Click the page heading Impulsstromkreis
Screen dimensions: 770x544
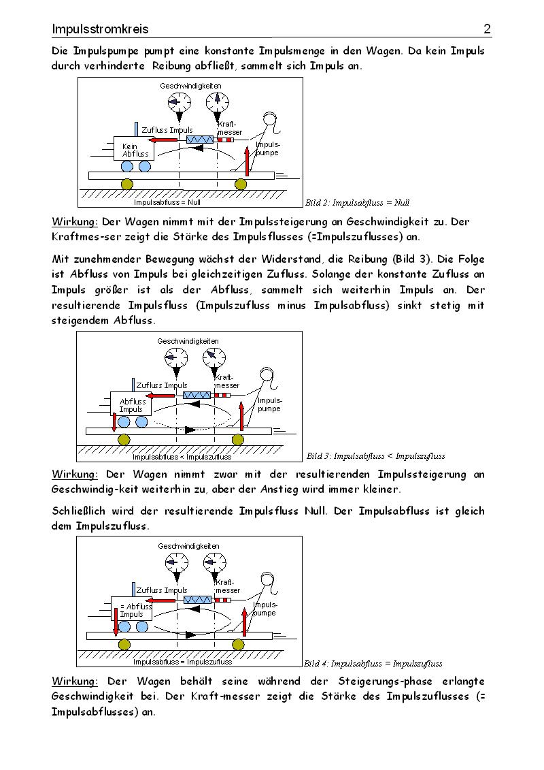click(x=100, y=29)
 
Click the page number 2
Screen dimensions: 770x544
click(x=487, y=29)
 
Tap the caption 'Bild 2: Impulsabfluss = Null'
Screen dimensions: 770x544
click(x=357, y=203)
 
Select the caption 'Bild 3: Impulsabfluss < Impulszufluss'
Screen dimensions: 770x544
click(x=376, y=455)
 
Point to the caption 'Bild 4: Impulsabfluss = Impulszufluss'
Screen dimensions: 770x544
click(x=373, y=663)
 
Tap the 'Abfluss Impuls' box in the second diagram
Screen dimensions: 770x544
click(x=132, y=405)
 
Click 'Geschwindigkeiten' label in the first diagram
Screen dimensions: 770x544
click(x=190, y=86)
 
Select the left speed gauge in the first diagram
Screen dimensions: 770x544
click(x=179, y=102)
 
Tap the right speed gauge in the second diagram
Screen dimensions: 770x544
click(x=215, y=356)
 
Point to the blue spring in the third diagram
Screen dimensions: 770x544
click(x=198, y=599)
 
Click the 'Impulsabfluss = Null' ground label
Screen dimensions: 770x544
click(x=167, y=202)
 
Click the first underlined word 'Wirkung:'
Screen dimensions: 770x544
click(x=75, y=222)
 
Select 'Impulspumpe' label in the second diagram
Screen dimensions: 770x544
click(x=269, y=404)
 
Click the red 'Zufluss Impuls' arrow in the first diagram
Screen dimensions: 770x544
click(x=164, y=140)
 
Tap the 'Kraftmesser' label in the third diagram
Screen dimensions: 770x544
click(x=228, y=586)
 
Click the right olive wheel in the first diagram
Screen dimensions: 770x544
click(x=240, y=185)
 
